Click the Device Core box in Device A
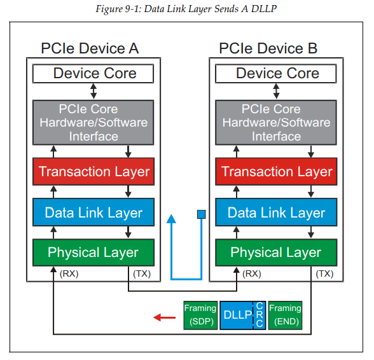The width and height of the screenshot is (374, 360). click(93, 73)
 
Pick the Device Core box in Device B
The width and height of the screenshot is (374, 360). click(277, 73)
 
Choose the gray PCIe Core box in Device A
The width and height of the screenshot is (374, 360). click(93, 122)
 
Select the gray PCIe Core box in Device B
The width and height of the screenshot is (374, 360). click(277, 122)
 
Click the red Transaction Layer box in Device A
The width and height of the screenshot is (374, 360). click(93, 171)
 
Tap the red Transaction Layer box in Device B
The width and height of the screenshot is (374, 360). click(277, 171)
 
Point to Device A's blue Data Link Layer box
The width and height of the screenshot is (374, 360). click(93, 212)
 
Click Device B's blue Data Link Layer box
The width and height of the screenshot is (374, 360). click(277, 212)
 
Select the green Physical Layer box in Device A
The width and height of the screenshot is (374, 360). click(93, 253)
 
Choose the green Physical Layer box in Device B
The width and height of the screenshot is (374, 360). click(277, 253)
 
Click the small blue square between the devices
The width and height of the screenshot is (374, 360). click(201, 214)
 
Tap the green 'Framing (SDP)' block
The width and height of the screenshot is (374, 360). click(200, 315)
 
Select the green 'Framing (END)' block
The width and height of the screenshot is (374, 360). click(285, 315)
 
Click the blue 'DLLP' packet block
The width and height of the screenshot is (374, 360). click(237, 315)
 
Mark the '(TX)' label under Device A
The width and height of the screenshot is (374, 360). click(141, 273)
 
